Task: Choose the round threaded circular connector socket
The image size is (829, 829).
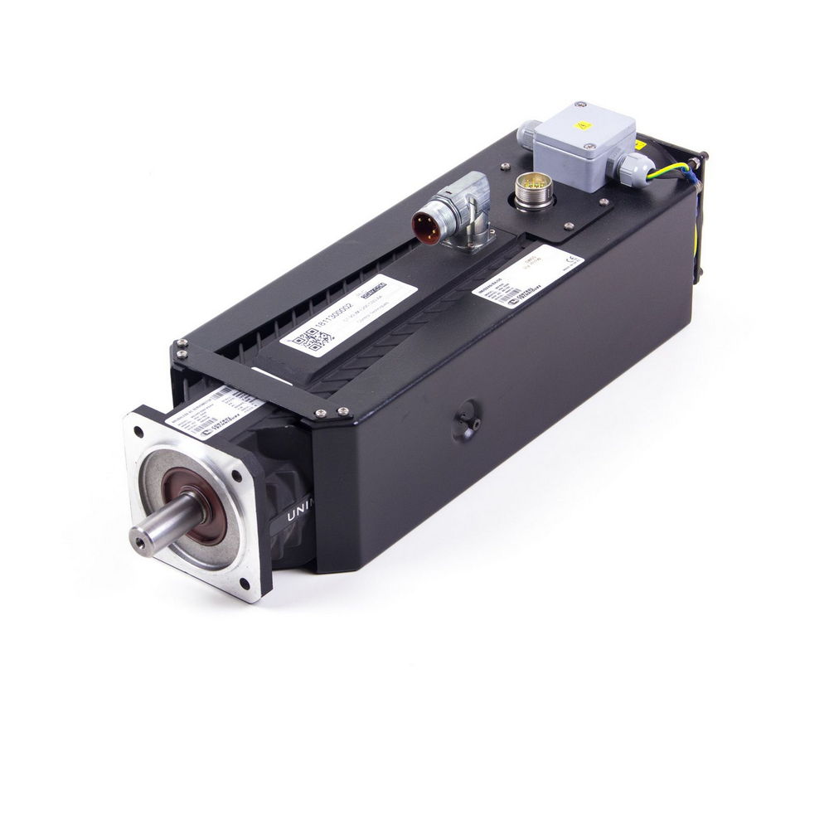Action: [x=534, y=189]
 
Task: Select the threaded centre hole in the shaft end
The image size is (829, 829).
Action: [x=138, y=538]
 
